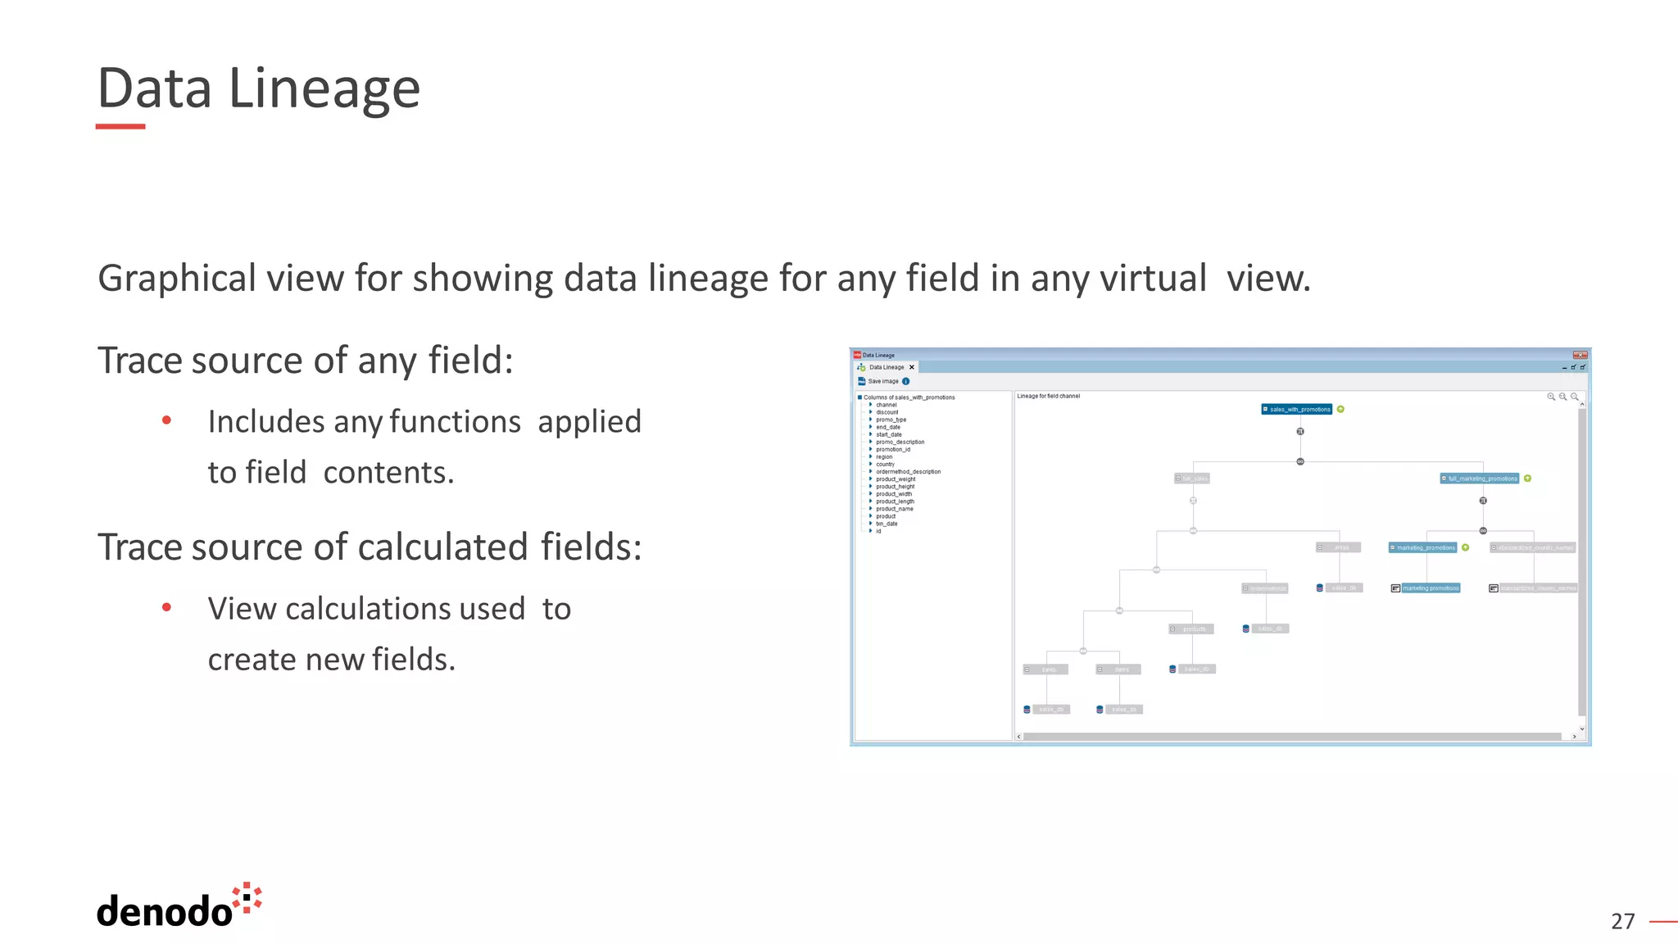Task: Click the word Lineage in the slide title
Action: coord(324,88)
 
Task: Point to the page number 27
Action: coord(1622,921)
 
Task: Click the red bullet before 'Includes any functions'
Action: coord(167,420)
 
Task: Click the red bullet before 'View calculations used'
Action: coord(167,607)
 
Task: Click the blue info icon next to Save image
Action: coord(906,381)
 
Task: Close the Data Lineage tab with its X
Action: coord(912,367)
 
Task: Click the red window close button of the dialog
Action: coord(1580,355)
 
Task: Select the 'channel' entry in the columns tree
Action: coord(887,405)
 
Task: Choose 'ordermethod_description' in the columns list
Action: coord(908,471)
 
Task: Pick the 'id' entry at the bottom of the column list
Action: coord(878,531)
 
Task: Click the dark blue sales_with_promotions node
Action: coord(1297,409)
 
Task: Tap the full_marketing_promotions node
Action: coord(1481,479)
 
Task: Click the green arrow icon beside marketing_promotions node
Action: coord(1466,547)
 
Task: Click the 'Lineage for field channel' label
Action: coord(1049,396)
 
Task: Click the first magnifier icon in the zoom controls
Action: coord(1550,397)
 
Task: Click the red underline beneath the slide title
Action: coord(120,126)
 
